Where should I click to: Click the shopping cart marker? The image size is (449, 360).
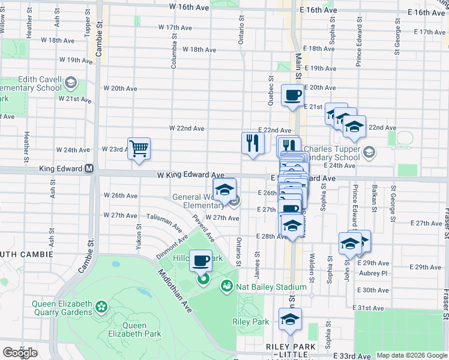tap(139, 148)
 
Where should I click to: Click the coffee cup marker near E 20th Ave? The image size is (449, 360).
tap(292, 95)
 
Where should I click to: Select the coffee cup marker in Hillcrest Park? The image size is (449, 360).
tap(202, 260)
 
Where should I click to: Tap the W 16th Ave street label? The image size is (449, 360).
tap(189, 7)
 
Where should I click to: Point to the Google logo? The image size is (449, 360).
tap(20, 352)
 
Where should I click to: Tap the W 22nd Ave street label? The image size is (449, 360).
tap(187, 128)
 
